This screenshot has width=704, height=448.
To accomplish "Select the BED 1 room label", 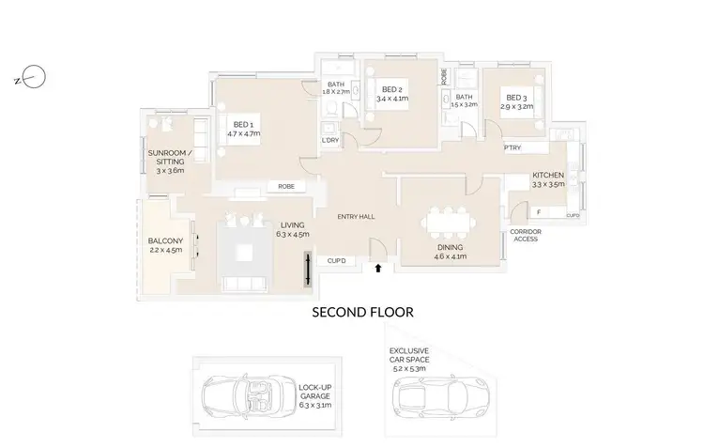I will pyautogui.click(x=243, y=129).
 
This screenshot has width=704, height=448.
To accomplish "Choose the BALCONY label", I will pyautogui.click(x=165, y=246).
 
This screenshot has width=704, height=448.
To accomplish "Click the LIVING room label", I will pyautogui.click(x=293, y=230).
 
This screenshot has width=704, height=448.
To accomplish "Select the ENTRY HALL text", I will pyautogui.click(x=358, y=217).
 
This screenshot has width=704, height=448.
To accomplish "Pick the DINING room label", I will pyautogui.click(x=451, y=251).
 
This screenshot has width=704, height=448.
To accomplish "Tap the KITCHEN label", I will pyautogui.click(x=548, y=180).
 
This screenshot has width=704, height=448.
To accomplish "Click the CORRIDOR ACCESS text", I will pyautogui.click(x=526, y=235).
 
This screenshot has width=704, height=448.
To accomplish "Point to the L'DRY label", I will pyautogui.click(x=329, y=140).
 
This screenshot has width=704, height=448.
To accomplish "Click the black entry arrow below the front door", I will pyautogui.click(x=378, y=269).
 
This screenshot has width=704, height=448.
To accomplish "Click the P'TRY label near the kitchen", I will pyautogui.click(x=513, y=148).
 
